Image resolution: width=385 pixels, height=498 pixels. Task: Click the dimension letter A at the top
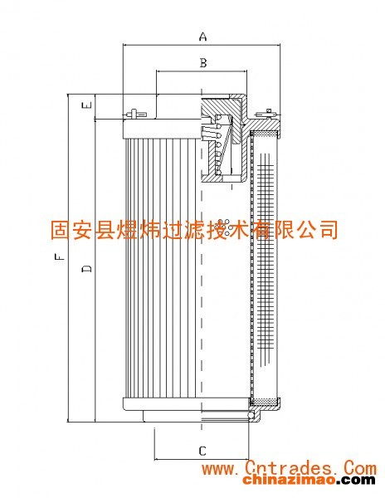pyautogui.click(x=202, y=37)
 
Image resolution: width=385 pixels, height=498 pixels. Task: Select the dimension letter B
pyautogui.click(x=203, y=63)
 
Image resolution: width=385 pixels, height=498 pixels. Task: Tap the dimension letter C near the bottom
pyautogui.click(x=202, y=451)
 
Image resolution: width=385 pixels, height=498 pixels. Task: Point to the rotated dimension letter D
pyautogui.click(x=86, y=268)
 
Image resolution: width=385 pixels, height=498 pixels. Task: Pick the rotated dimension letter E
pyautogui.click(x=87, y=105)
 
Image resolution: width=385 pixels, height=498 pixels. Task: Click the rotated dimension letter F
pyautogui.click(x=60, y=256)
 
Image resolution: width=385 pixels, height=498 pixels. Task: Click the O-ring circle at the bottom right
pyautogui.click(x=251, y=415)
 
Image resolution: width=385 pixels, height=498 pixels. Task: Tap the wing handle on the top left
pyautogui.click(x=135, y=113)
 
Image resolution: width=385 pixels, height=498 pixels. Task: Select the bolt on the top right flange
pyautogui.click(x=267, y=113)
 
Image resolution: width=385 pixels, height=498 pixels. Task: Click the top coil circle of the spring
pyautogui.click(x=219, y=117)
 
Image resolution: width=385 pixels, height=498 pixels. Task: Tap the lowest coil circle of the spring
pyautogui.click(x=218, y=173)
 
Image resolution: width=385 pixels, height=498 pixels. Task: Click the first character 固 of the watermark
pyautogui.click(x=61, y=229)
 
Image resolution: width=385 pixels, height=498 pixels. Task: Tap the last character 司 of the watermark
pyautogui.click(x=329, y=229)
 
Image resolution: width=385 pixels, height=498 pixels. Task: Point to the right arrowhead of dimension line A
pyautogui.click(x=278, y=45)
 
